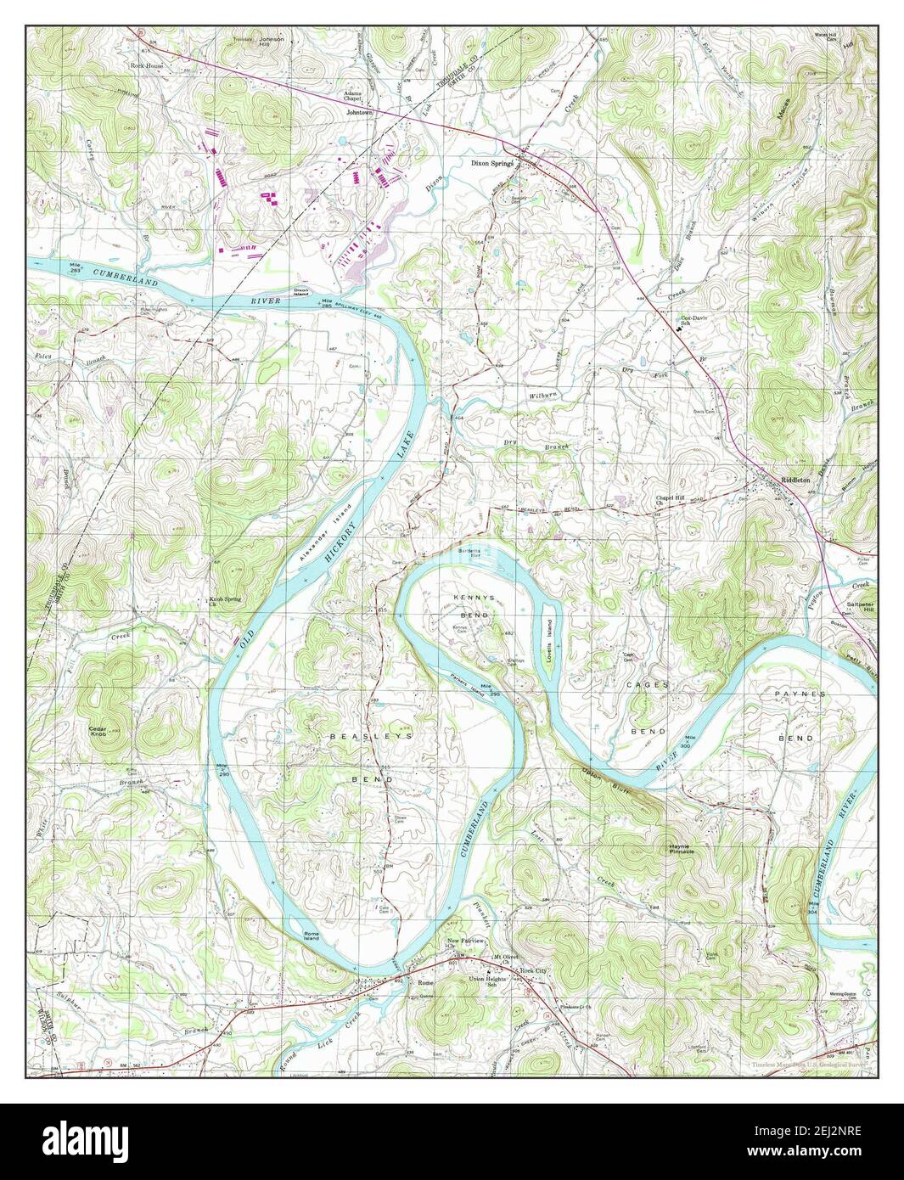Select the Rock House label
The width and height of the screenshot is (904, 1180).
(146, 64)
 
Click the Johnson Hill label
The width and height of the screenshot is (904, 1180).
(272, 43)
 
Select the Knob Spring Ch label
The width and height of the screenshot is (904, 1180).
(226, 602)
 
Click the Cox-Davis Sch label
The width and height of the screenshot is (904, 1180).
(693, 322)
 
